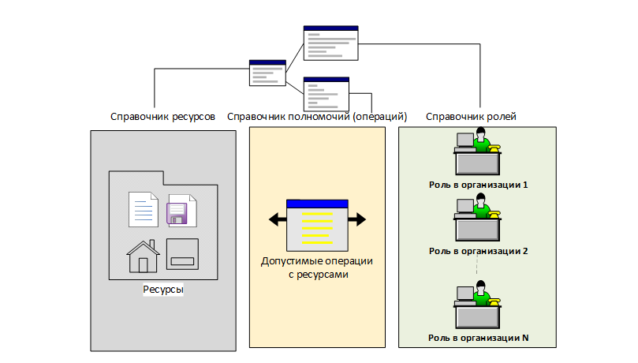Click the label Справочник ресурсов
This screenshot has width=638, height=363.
pyautogui.click(x=162, y=117)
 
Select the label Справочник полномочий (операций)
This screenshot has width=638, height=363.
pyautogui.click(x=316, y=117)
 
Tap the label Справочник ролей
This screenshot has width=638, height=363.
pyautogui.click(x=471, y=117)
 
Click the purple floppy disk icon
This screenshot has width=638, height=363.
pyautogui.click(x=181, y=211)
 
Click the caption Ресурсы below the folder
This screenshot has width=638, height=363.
pyautogui.click(x=163, y=290)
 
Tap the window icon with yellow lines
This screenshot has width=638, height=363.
pyautogui.click(x=316, y=224)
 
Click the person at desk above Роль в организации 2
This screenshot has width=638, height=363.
pyautogui.click(x=478, y=220)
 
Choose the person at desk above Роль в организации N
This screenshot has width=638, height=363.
pyautogui.click(x=478, y=307)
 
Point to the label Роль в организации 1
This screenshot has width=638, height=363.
pyautogui.click(x=478, y=185)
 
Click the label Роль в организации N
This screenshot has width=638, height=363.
pyautogui.click(x=478, y=339)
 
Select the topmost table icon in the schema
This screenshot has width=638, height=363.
pyautogui.click(x=330, y=43)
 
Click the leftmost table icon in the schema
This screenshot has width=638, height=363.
pyautogui.click(x=267, y=73)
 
